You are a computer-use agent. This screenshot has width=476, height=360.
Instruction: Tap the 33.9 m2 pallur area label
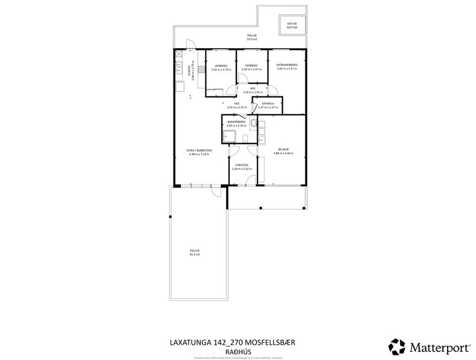click(251, 38)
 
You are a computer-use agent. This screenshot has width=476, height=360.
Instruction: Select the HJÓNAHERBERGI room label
click(287, 67)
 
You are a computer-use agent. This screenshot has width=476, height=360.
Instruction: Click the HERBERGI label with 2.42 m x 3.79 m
click(221, 67)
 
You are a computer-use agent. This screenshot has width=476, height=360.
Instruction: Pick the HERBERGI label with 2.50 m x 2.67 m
click(251, 67)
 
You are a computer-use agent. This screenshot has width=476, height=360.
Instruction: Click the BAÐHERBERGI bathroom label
click(237, 123)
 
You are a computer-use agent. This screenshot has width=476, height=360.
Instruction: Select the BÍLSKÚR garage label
click(283, 151)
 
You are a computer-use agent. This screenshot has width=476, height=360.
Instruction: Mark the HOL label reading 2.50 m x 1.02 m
click(253, 90)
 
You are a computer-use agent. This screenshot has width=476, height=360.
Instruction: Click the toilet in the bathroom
click(246, 138)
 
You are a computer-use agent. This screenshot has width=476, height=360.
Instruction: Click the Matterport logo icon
click(397, 347)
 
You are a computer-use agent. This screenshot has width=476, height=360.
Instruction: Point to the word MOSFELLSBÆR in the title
click(266, 343)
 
